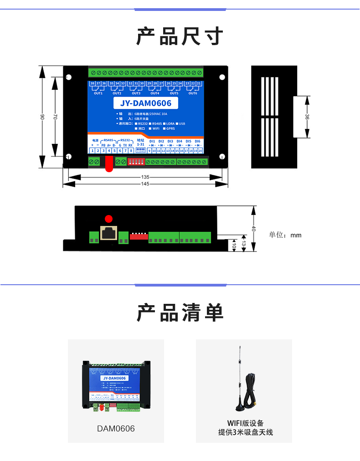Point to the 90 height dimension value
point(42,117)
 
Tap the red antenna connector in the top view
point(108,164)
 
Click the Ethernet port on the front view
point(108,233)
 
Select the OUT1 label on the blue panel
point(98,93)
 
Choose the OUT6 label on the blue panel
point(193,93)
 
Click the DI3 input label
point(170,141)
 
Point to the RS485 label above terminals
point(108,140)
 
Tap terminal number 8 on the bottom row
point(131,150)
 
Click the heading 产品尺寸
point(180,36)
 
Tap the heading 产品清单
point(180,313)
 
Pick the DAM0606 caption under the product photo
point(116,429)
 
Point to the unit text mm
point(296,235)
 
